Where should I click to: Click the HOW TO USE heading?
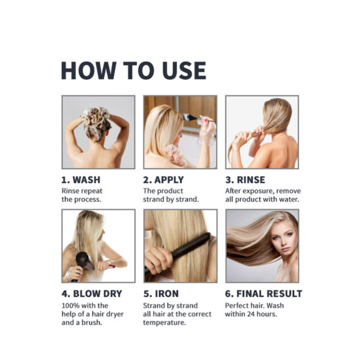[133, 71]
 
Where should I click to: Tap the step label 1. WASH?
[81, 179]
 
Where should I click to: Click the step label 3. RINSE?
[245, 179]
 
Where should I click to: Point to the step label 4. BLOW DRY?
[92, 294]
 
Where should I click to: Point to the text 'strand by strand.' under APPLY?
[170, 199]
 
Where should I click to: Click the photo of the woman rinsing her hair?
[262, 132]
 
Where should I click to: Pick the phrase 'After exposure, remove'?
[261, 191]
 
